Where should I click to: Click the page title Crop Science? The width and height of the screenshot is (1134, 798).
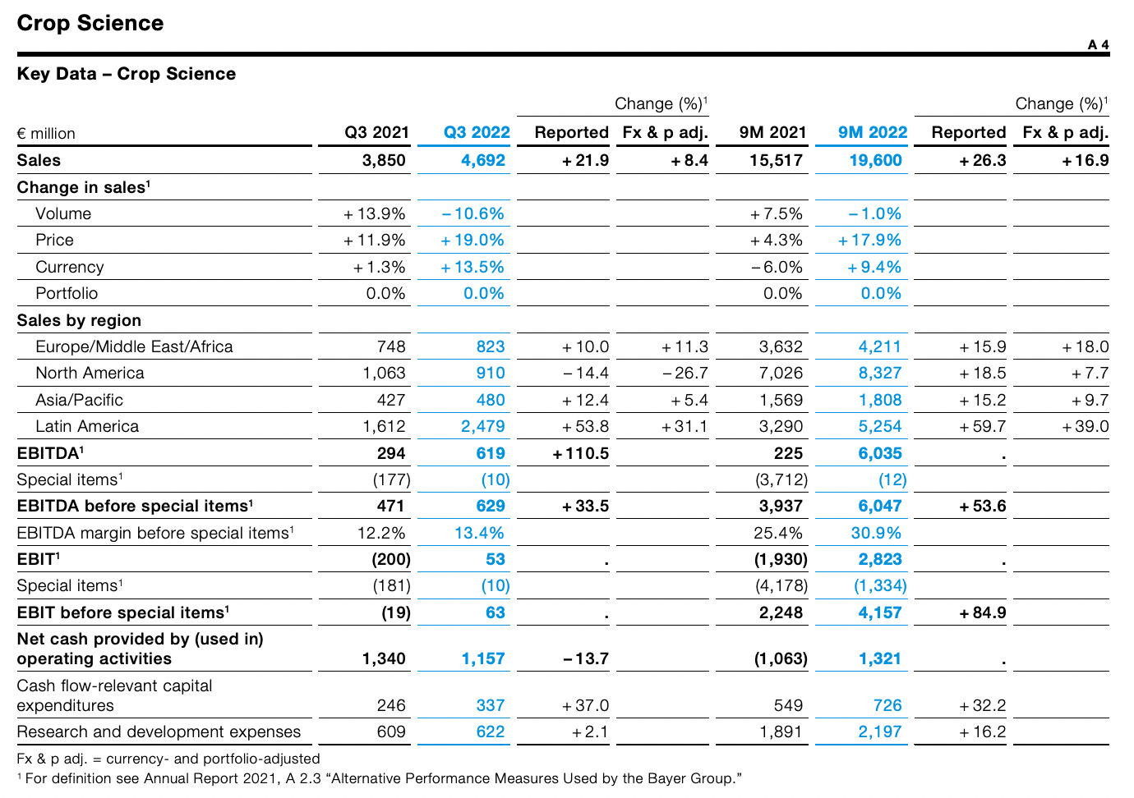(x=90, y=23)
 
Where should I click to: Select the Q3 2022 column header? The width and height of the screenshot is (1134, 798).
(x=477, y=132)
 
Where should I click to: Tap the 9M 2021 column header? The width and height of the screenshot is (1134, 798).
(x=772, y=132)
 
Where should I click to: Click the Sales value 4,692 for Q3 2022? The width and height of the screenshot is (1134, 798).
(x=483, y=160)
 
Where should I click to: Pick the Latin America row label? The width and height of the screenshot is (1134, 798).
(x=87, y=426)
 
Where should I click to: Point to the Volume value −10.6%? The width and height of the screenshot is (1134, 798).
(x=472, y=213)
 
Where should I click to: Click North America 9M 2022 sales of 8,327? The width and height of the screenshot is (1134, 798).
(x=880, y=373)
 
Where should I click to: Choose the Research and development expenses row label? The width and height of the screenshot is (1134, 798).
(x=159, y=731)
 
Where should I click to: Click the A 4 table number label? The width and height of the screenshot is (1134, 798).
(x=1098, y=44)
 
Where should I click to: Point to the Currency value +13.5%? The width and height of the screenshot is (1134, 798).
(x=472, y=267)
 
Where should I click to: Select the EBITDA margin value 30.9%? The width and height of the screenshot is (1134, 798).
(x=876, y=533)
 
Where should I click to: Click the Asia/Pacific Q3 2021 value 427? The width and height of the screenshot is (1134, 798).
(x=391, y=400)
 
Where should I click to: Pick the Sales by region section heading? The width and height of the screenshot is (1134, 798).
(x=79, y=320)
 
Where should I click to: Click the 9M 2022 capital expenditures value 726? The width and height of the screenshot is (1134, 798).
(x=887, y=705)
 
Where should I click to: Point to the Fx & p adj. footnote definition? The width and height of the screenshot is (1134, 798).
(x=168, y=759)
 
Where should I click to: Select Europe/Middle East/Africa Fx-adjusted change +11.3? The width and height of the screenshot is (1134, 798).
(x=685, y=346)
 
